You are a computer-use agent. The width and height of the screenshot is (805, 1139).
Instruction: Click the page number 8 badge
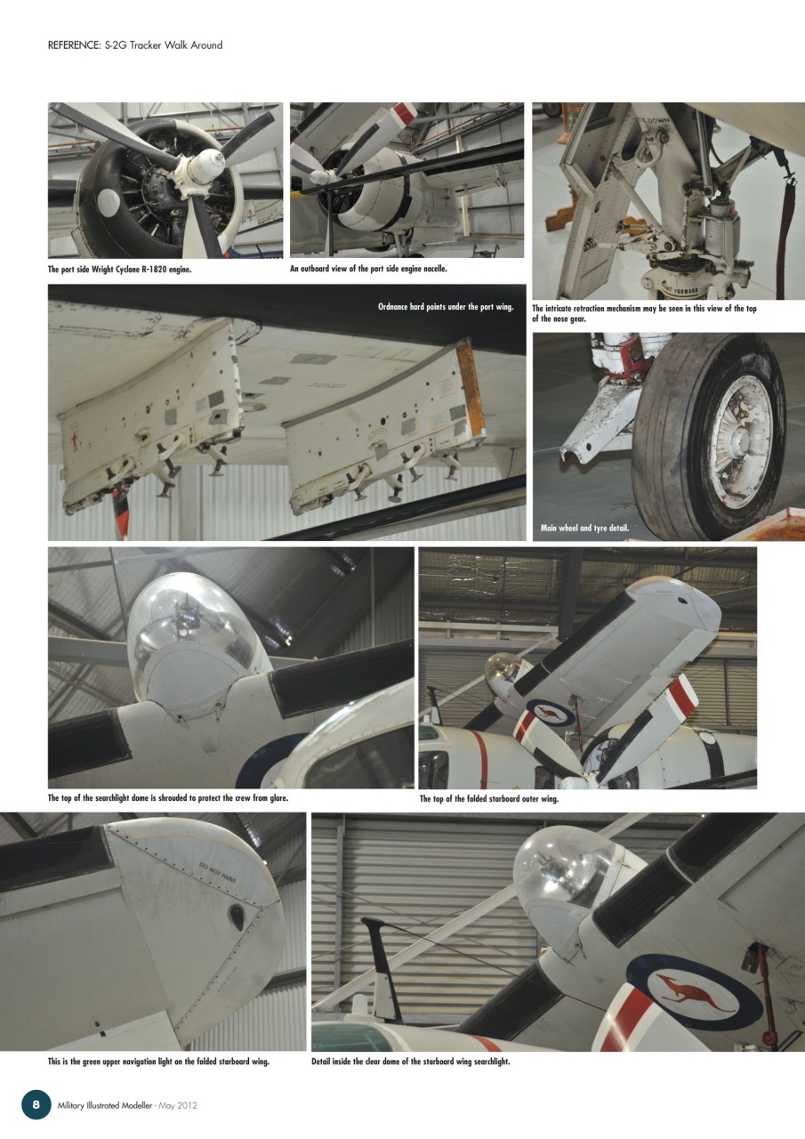(36, 1104)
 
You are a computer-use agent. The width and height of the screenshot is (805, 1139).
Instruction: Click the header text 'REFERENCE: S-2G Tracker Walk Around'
(135, 44)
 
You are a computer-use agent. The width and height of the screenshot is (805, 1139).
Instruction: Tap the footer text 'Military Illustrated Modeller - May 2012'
(127, 1105)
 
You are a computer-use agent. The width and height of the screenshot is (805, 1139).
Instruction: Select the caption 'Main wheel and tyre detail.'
(584, 529)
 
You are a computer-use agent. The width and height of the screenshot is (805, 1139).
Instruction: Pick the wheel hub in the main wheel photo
(740, 441)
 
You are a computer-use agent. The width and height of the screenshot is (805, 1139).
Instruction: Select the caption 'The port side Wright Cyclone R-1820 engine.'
(119, 269)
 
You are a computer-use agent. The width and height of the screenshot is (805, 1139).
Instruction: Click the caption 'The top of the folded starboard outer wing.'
(488, 799)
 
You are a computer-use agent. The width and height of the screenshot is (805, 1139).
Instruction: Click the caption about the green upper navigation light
(158, 1062)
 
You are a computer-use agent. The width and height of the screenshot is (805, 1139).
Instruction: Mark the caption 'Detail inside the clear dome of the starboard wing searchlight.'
(410, 1062)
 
